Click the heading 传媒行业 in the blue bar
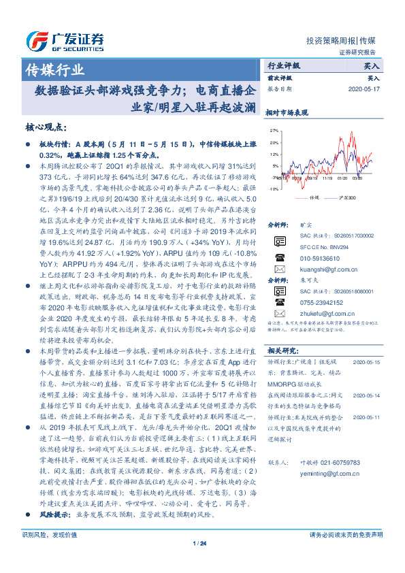pos(54,69)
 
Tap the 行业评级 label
pos(284,66)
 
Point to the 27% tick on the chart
pos(274,129)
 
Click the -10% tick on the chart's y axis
pos(273,189)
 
